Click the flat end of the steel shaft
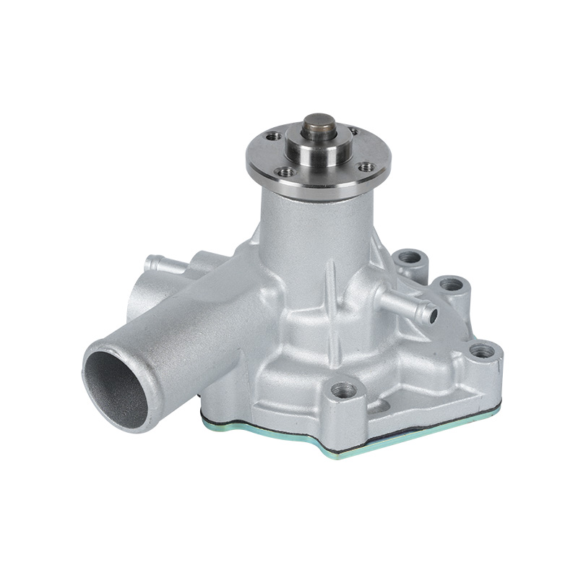[318, 119]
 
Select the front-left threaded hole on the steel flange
[286, 171]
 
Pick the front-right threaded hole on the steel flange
[367, 167]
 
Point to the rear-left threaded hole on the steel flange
[274, 136]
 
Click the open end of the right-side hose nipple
[431, 315]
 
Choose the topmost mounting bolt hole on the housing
[409, 256]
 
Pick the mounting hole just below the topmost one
[452, 284]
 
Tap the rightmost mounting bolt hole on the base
[481, 352]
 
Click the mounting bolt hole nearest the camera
[344, 391]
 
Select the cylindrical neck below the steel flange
[318, 224]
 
